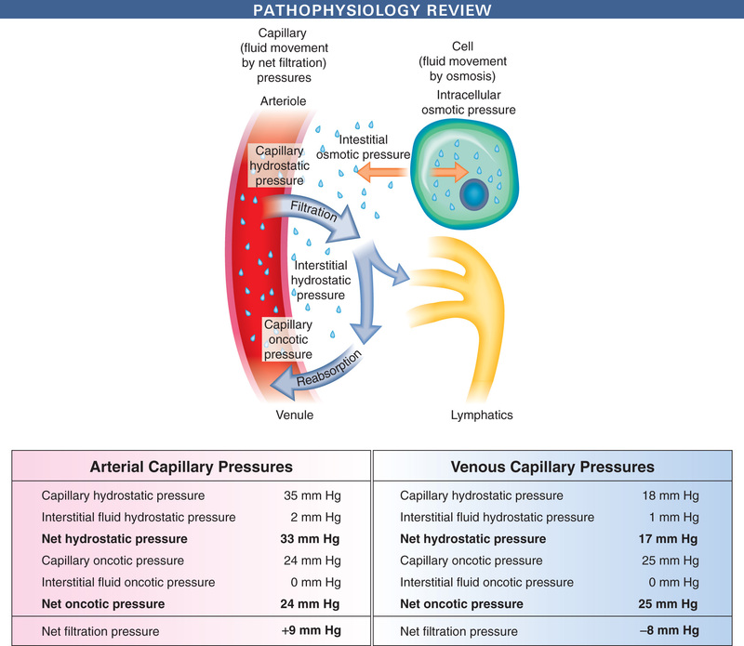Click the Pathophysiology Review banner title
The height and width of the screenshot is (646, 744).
[371, 10]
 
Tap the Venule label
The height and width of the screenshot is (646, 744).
[293, 415]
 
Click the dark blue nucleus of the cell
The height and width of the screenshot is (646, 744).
[474, 194]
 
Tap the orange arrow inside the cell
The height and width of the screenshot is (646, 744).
[452, 172]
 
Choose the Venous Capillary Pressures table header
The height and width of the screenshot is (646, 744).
[551, 467]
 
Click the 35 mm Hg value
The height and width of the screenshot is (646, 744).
[312, 495]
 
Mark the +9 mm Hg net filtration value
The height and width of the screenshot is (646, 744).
[312, 631]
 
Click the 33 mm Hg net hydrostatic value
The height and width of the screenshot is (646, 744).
[312, 538]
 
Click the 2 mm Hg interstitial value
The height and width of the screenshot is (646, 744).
[316, 517]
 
